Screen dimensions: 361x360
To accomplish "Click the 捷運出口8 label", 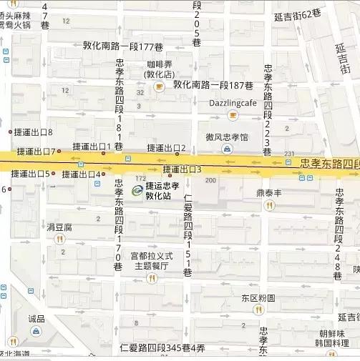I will tap(34, 132).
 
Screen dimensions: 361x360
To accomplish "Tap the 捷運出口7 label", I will tap(34, 151).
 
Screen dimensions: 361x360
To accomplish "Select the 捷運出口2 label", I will tap(166, 148).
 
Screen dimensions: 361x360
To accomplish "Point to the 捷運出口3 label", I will tap(183, 169).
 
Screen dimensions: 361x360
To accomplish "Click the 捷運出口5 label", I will tap(30, 174).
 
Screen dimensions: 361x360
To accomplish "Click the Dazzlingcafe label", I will tap(233, 103).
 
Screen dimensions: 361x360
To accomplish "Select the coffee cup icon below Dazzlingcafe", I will tap(233, 115).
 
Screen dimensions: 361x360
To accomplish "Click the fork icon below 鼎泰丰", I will tap(270, 205).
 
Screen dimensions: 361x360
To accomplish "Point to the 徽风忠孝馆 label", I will tap(227, 137).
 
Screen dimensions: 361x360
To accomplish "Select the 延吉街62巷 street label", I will tap(301, 14).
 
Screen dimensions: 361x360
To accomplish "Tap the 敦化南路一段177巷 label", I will tap(124, 46).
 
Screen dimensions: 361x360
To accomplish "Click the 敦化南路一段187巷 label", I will tap(213, 85).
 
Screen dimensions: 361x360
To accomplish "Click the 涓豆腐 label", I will tap(59, 227).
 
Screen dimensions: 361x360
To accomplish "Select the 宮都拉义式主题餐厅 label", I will tap(151, 260).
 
